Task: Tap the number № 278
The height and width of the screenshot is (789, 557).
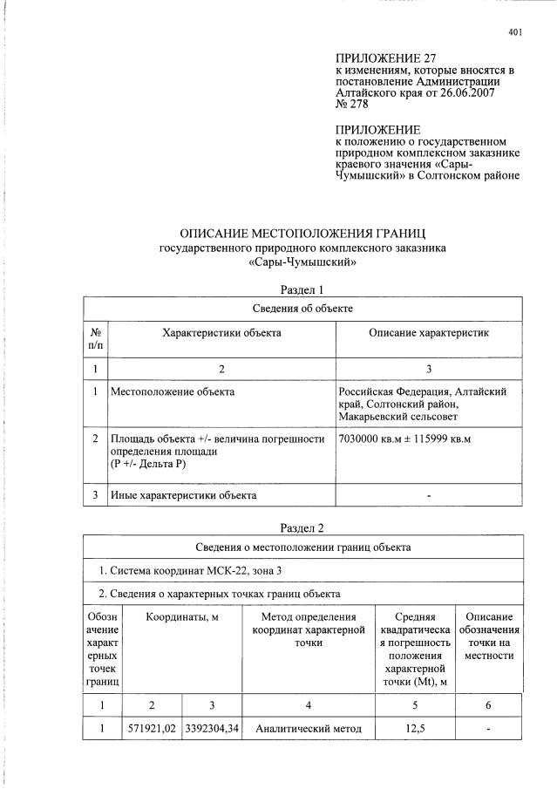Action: [353, 105]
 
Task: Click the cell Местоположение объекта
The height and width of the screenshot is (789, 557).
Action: [172, 391]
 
